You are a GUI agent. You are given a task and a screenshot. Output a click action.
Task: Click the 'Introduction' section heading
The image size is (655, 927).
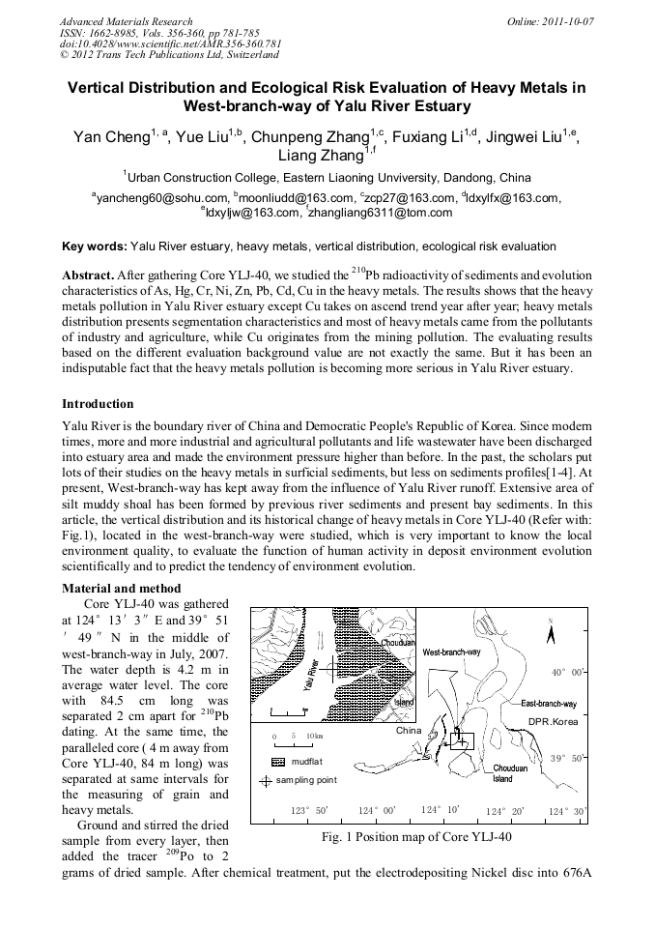(98, 403)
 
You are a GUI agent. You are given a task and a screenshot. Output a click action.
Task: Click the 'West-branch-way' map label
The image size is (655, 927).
(451, 653)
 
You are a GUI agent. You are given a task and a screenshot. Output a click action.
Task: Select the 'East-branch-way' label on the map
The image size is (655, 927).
(548, 704)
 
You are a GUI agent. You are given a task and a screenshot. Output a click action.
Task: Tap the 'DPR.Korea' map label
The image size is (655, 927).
(552, 721)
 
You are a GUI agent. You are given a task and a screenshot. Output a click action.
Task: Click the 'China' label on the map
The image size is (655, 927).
(410, 730)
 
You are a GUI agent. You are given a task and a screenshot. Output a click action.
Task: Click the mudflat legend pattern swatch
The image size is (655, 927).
(279, 762)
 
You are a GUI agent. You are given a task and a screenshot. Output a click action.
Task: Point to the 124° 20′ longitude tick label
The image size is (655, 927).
(503, 811)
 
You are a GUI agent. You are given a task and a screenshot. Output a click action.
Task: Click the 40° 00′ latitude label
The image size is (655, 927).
(569, 672)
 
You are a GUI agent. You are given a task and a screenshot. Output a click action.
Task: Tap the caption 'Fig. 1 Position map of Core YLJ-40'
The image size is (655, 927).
(416, 837)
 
